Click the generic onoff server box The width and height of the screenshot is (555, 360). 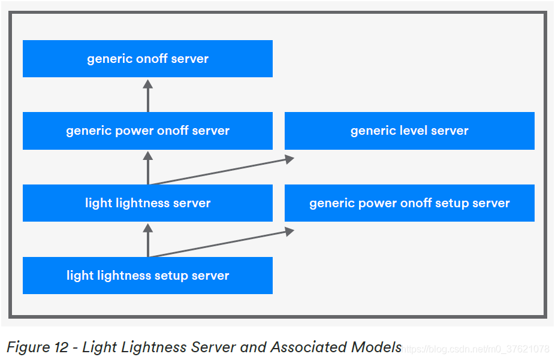pos(147,59)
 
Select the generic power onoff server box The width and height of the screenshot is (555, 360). pos(147,131)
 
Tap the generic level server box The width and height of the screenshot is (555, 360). pos(409,131)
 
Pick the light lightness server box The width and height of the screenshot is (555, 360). pos(147,203)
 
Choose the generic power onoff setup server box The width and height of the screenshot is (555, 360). pos(409,203)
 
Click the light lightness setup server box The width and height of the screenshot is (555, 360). pos(147,276)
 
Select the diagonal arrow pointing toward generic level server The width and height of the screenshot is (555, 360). pos(222,171)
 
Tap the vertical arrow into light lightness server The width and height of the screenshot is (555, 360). pos(148,240)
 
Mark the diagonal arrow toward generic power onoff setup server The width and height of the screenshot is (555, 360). pos(222,243)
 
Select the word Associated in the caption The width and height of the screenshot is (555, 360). pos(306,347)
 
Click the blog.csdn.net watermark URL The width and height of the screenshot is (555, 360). pos(476,349)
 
